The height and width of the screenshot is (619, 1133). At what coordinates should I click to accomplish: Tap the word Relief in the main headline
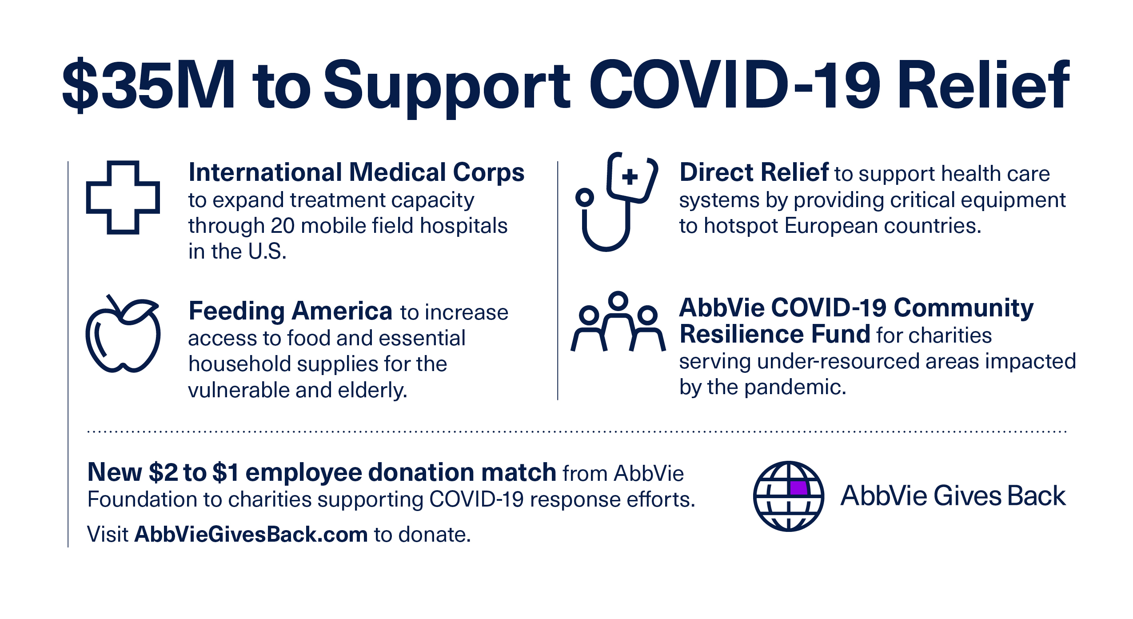(983, 84)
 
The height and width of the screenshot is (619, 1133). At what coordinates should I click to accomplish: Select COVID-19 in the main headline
(735, 84)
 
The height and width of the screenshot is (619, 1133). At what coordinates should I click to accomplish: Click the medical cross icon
(123, 197)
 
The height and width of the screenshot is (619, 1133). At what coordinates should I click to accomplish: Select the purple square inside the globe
(798, 488)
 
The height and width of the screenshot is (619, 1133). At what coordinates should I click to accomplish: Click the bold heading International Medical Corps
(356, 172)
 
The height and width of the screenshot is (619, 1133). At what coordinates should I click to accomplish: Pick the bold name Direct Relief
(754, 172)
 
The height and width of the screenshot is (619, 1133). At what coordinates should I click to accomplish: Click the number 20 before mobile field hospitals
(282, 226)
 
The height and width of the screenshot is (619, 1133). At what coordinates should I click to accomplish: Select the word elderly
(373, 390)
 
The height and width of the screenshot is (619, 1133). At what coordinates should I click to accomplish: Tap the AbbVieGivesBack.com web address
(251, 534)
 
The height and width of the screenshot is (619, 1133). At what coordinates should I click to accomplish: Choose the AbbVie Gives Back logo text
(953, 495)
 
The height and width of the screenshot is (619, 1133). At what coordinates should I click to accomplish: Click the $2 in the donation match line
(163, 472)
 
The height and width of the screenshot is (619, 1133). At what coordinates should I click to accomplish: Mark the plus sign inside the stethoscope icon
(630, 176)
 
